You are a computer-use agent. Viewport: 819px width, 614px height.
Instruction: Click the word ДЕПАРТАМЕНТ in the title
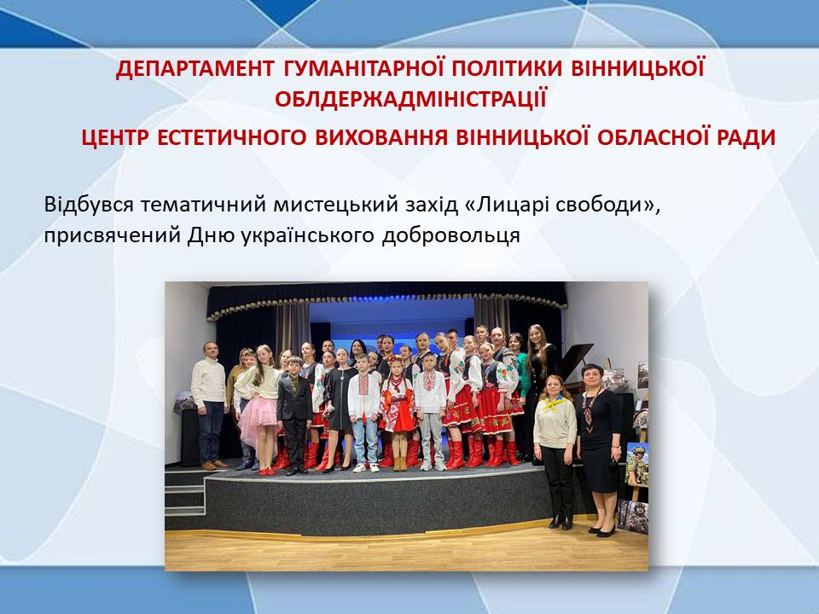tap(195, 69)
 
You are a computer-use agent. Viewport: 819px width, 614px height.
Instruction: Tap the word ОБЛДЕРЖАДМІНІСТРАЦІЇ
tap(410, 99)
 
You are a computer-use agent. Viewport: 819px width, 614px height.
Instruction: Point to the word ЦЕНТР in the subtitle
tap(115, 138)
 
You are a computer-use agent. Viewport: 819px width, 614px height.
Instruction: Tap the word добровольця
tap(450, 235)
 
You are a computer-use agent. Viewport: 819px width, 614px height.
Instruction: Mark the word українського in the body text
tap(308, 235)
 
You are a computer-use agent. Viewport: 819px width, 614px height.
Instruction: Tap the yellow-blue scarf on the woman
tap(555, 403)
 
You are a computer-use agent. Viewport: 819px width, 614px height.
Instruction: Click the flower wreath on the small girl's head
tap(395, 360)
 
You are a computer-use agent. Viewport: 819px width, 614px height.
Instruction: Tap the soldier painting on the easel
tap(637, 464)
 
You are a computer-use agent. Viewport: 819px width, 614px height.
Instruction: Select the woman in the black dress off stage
tap(600, 449)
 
